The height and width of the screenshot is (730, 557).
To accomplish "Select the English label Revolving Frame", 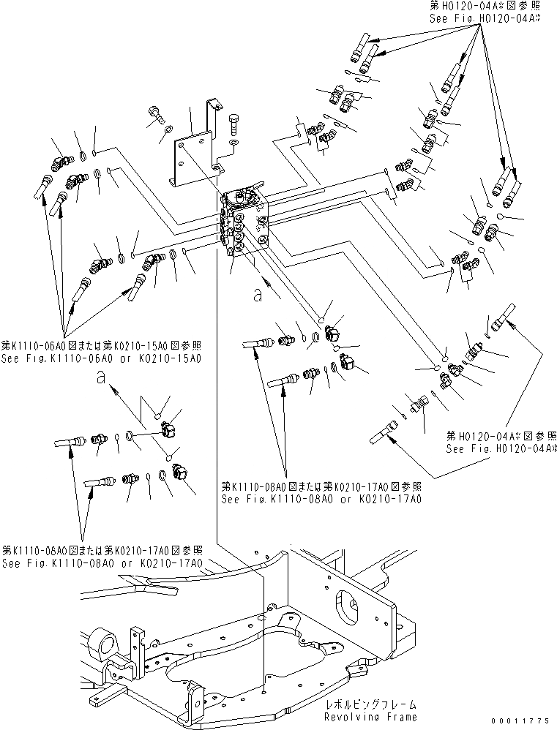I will (362, 717).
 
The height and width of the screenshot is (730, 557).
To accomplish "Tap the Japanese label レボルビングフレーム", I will (362, 705).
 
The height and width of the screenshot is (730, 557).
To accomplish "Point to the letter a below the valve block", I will (256, 295).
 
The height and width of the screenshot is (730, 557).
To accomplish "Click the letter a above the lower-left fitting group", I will (100, 379).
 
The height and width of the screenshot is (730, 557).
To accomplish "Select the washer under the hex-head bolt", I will (233, 143).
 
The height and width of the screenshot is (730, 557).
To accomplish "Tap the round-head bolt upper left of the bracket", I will (157, 110).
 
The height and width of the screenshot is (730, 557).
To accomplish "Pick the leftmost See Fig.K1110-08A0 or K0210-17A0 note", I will (102, 563).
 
